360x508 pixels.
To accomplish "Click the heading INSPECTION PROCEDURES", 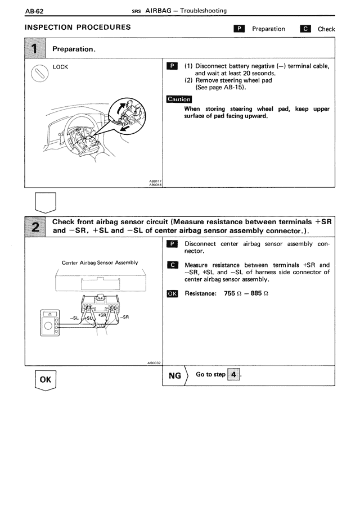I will [78, 28].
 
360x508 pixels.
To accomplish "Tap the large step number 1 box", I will [37, 49].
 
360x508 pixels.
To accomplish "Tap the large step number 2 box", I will [37, 228].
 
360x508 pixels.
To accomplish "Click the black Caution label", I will [179, 99].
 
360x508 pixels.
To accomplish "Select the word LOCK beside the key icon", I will [60, 67].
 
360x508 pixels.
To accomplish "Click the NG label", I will [175, 375].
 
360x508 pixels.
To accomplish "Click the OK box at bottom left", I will [45, 380].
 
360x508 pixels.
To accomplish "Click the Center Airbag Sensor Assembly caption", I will [100, 262].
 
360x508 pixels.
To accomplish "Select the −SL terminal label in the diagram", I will [74, 318].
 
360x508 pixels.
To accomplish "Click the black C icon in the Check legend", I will [306, 29].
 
